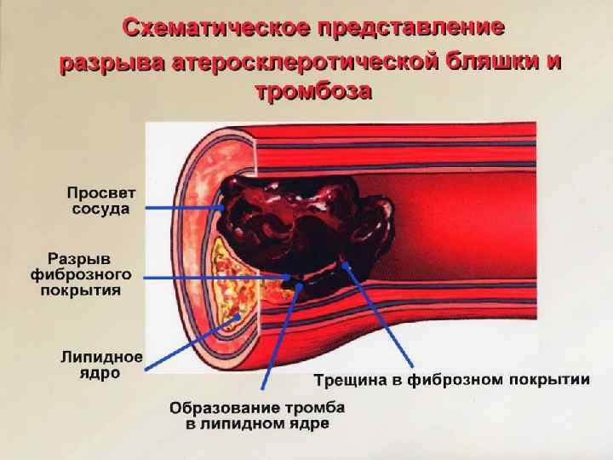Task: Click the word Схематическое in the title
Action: point(217,27)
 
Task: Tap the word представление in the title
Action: point(412,27)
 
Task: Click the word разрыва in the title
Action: point(112,63)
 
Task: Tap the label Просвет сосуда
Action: point(100,200)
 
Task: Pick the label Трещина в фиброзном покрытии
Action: point(452,380)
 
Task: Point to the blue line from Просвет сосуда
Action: point(179,207)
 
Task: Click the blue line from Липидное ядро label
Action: point(187,345)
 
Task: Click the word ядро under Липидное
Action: point(100,374)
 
